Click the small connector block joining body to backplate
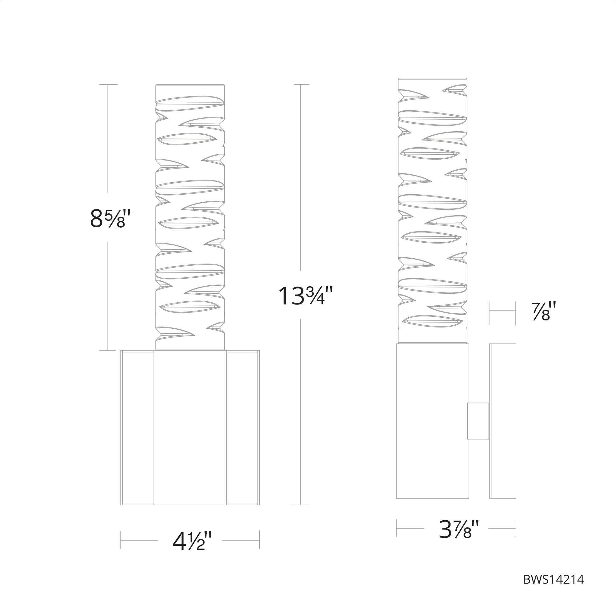tap(478, 421)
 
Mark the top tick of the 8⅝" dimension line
tap(108, 84)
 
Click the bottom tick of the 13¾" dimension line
tap(300, 505)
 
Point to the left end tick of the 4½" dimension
tap(121, 540)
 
